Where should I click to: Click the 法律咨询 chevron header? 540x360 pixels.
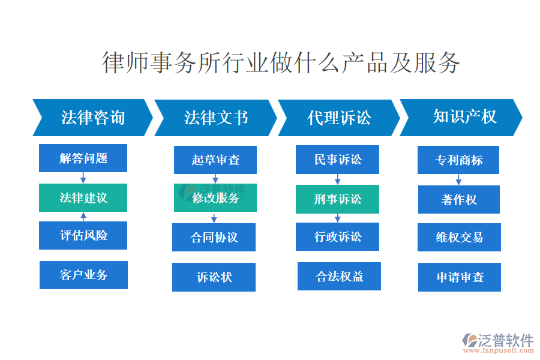point(92,118)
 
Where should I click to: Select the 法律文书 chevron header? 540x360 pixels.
point(215,118)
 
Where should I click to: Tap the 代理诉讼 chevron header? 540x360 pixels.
point(339,118)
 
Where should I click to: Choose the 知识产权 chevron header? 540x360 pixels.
point(461,118)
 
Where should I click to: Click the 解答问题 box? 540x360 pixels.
point(83,158)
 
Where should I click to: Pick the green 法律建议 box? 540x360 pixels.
point(83,198)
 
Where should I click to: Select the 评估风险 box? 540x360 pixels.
point(83,235)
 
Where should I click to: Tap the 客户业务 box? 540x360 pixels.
point(83,275)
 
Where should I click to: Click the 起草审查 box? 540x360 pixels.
point(215,160)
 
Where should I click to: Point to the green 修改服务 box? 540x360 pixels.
point(215,198)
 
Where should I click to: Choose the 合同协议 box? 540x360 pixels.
point(214,238)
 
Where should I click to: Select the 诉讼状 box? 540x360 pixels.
point(214,277)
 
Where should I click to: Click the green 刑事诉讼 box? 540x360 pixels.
point(337,199)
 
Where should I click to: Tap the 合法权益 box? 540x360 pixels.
point(339,276)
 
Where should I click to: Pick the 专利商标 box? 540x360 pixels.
point(458,160)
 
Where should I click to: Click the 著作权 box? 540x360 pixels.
point(459,199)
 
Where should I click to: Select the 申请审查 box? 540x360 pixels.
point(460,277)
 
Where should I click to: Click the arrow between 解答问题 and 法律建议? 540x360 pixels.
point(83,178)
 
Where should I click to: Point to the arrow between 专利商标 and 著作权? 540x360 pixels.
point(458,179)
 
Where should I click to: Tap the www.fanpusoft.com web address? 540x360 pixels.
point(499,350)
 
